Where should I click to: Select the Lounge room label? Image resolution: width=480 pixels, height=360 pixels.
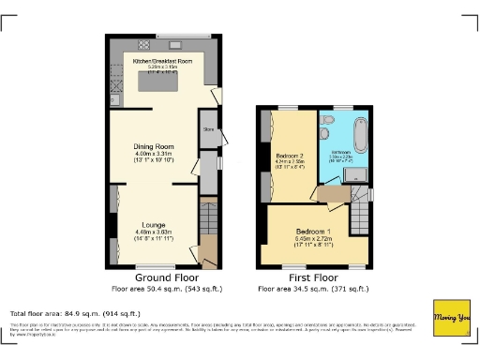click(154, 225)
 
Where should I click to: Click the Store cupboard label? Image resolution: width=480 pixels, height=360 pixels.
click(208, 131)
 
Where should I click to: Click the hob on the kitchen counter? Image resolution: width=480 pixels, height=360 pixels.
click(145, 44)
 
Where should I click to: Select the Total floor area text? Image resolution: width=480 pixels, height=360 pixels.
click(75, 313)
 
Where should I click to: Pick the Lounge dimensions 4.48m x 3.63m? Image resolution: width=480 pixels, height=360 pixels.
click(154, 233)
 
